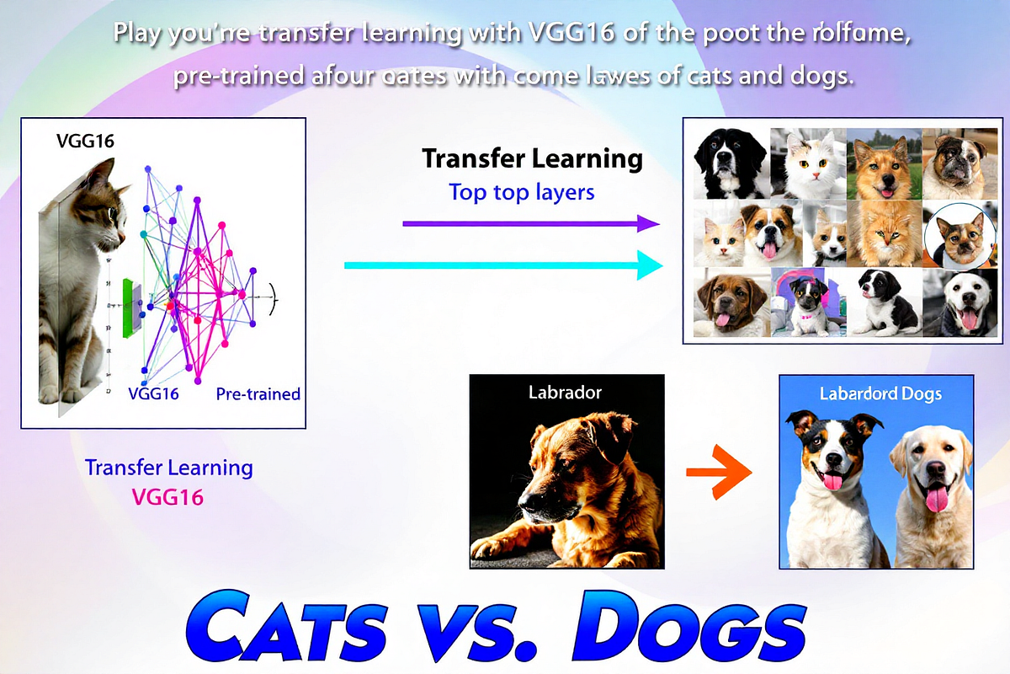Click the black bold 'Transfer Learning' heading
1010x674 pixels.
532,158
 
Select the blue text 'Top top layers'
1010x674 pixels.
522,192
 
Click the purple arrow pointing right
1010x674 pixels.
530,223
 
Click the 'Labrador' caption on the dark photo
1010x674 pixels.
565,392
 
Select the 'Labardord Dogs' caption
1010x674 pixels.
880,393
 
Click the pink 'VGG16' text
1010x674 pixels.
168,497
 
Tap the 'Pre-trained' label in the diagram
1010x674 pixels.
258,393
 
